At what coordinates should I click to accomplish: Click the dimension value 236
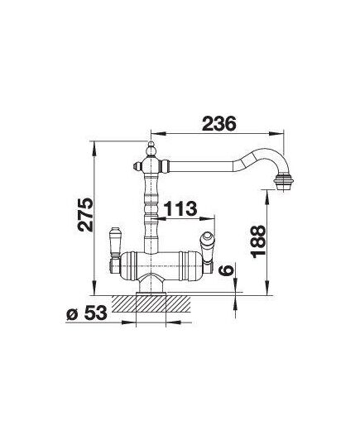tap(219, 124)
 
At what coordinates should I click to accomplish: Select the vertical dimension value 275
tap(86, 215)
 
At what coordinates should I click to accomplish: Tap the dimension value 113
tap(180, 208)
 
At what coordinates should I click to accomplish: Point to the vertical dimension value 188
tap(258, 241)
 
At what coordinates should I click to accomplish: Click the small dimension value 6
tap(226, 270)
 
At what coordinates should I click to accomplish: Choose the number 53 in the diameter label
tap(96, 313)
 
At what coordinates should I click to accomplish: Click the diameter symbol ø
tap(72, 314)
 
